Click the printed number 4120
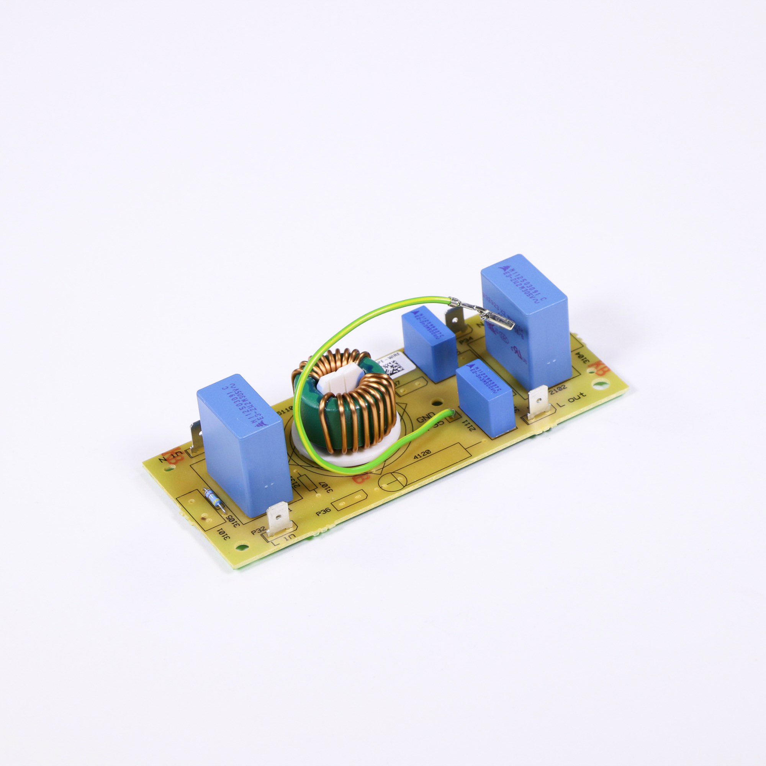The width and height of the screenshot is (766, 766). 421,457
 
